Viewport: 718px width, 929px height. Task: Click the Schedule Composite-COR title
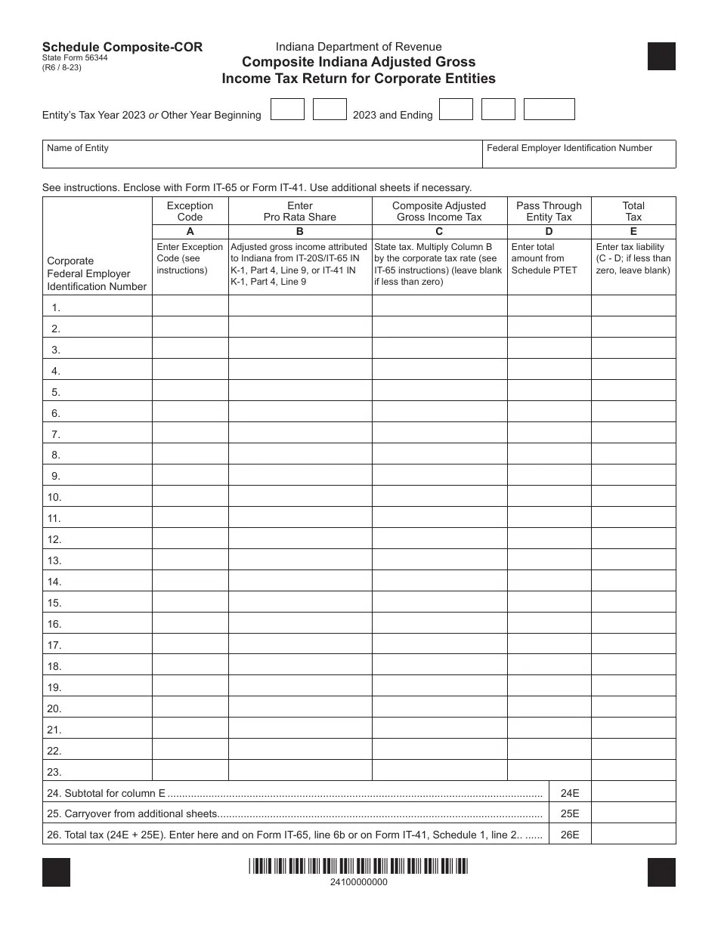[x=122, y=47]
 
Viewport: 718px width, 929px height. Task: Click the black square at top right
[x=661, y=57]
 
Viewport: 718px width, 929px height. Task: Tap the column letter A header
[x=190, y=232]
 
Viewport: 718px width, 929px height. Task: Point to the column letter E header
[x=633, y=232]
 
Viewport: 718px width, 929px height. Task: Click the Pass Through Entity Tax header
[x=549, y=211]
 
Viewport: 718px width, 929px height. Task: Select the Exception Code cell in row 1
[x=190, y=306]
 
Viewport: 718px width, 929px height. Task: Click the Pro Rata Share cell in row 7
[x=299, y=433]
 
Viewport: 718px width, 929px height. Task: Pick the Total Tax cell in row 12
[x=633, y=539]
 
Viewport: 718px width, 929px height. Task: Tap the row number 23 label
[x=54, y=771]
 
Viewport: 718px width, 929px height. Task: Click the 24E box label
[x=570, y=793]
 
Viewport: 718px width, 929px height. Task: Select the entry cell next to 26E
[x=633, y=835]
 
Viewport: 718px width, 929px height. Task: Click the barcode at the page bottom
[x=359, y=866]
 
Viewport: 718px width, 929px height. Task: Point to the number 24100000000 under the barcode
[x=359, y=882]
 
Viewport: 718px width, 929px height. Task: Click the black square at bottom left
[x=57, y=872]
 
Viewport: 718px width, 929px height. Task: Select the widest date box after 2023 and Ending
[x=549, y=110]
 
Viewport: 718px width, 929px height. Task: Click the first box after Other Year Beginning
[x=287, y=110]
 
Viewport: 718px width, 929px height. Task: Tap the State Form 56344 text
[x=75, y=58]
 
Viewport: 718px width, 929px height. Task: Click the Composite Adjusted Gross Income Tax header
[x=438, y=211]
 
